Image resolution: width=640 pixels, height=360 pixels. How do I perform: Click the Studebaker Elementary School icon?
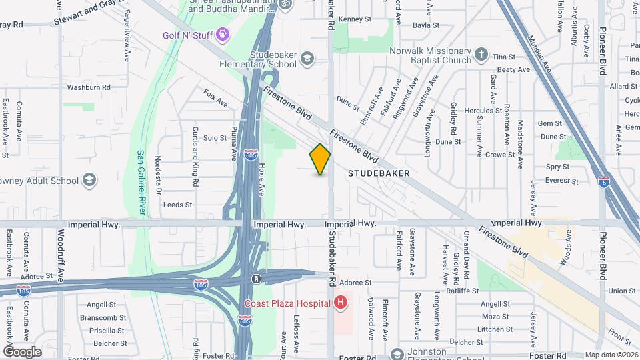[x=307, y=58]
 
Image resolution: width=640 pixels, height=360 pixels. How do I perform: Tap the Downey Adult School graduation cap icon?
[x=89, y=180]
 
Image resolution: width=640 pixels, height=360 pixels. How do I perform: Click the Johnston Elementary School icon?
[x=397, y=354]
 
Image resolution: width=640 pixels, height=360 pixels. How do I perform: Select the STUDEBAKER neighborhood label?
[x=379, y=173]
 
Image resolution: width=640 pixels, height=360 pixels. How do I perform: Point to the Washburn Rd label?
[x=89, y=87]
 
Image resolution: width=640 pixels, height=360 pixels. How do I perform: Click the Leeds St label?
[x=177, y=205]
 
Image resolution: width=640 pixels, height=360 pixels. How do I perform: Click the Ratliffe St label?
[x=463, y=291]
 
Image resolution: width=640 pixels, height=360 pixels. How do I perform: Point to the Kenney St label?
[x=353, y=19]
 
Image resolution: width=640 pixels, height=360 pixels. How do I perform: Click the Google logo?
[x=22, y=351]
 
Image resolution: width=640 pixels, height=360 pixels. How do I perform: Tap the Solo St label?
[x=215, y=138]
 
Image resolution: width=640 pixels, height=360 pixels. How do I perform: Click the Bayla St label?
[x=426, y=25]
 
